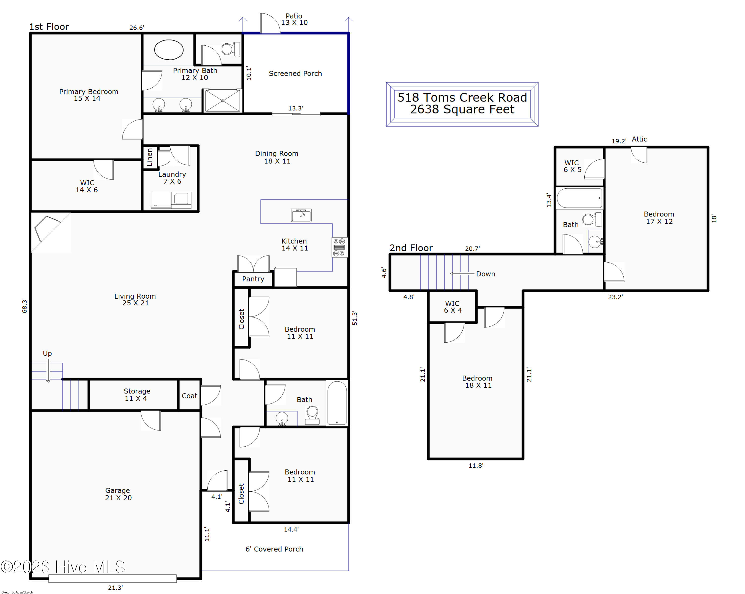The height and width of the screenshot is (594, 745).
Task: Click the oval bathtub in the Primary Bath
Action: [169, 50]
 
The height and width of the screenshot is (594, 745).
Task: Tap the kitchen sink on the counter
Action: [301, 215]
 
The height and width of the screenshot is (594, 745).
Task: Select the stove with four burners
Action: [339, 247]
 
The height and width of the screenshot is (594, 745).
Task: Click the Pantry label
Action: [253, 279]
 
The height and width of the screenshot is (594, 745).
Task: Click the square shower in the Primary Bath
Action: [223, 101]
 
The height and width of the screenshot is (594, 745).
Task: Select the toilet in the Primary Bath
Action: [231, 49]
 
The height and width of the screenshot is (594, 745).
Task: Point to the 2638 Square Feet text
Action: [462, 109]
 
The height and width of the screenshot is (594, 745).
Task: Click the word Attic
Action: [639, 139]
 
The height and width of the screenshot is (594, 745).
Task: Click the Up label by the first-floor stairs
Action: [47, 353]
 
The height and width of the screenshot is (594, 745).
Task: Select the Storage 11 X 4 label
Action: [137, 395]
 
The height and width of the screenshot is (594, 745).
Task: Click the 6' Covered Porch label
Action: [274, 549]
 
